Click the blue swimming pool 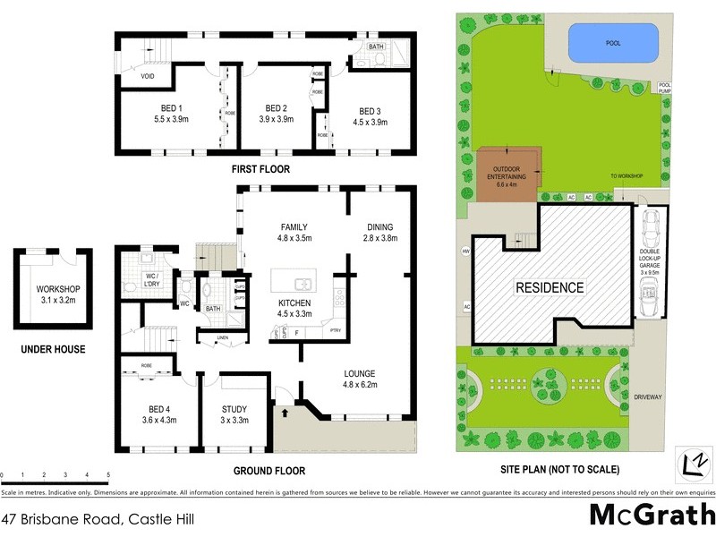(614, 42)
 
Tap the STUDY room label (234, 409)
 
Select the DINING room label (375, 227)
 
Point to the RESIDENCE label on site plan (549, 288)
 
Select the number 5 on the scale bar (108, 474)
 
